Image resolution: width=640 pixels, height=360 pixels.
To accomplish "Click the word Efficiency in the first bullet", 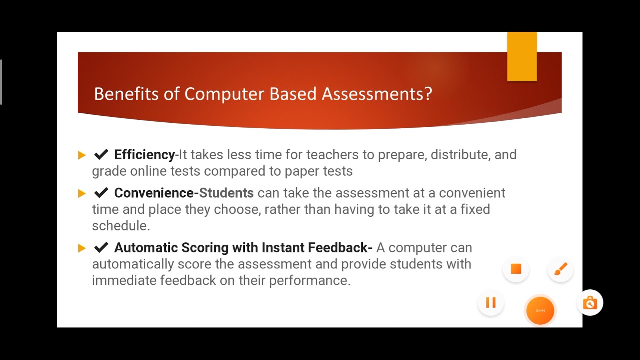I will [144, 155].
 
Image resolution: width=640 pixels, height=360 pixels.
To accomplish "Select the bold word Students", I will [226, 193].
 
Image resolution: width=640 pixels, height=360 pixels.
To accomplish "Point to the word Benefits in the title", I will [126, 94].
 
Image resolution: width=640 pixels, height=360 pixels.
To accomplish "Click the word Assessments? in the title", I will [377, 94].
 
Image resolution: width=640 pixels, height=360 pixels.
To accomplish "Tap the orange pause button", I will [490, 303].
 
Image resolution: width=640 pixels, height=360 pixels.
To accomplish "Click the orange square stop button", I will [516, 269].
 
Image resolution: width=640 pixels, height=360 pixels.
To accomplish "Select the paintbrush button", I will [560, 269].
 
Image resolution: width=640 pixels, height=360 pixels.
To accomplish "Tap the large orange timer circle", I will [540, 310].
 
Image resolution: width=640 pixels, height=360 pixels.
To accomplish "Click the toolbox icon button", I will [590, 303].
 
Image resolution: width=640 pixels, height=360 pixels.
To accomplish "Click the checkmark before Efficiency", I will [101, 155].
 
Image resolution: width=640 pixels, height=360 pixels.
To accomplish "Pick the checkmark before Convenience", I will [101, 193].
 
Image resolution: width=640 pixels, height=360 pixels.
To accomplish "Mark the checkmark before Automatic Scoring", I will [101, 248].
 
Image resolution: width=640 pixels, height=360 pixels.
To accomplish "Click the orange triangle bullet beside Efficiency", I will [82, 155].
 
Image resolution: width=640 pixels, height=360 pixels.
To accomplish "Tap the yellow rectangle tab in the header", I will [522, 57].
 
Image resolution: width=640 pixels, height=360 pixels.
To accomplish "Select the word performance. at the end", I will [310, 281].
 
